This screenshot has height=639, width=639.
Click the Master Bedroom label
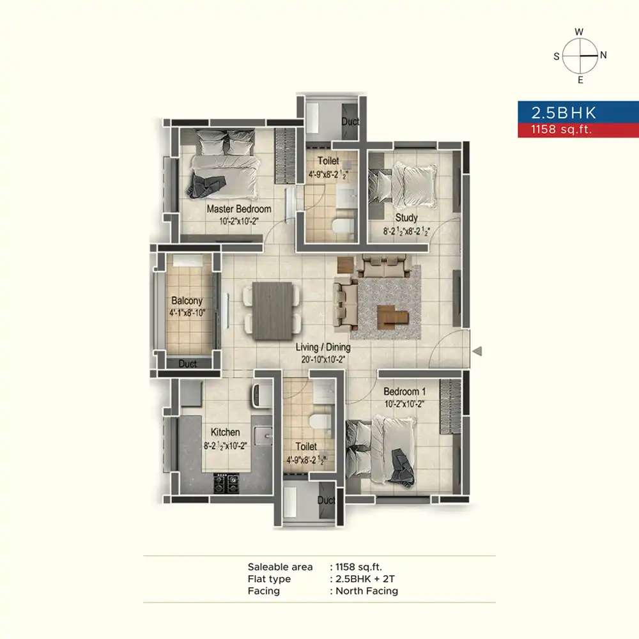point(239,209)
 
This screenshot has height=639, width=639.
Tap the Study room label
point(406,218)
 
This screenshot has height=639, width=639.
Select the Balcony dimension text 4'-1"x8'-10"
point(187,313)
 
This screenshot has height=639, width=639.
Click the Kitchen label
point(226,432)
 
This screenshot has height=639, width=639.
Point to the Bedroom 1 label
point(404,392)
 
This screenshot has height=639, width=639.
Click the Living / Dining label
point(323,347)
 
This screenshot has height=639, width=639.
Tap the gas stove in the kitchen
point(226,483)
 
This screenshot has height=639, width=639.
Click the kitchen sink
point(263,436)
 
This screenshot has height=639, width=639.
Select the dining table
point(272,311)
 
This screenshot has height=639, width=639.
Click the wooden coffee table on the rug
point(392,317)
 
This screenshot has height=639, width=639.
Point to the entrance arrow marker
point(477,351)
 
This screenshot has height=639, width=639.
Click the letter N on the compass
point(604,55)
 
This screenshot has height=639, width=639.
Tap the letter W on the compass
point(579,32)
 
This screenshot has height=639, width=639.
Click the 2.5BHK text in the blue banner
point(564,113)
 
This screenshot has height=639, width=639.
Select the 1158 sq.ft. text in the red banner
point(561,130)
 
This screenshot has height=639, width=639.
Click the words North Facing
point(367,591)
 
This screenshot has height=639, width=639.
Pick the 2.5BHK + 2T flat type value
point(365,579)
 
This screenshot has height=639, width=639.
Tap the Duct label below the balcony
point(187,364)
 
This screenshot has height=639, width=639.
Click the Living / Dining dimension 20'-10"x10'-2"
point(323,359)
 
